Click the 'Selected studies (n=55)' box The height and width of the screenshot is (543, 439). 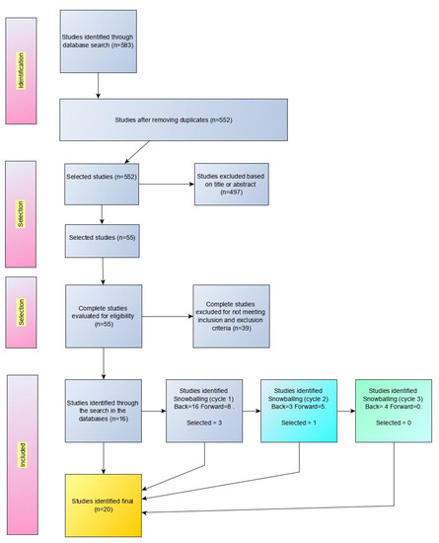[101, 238]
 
